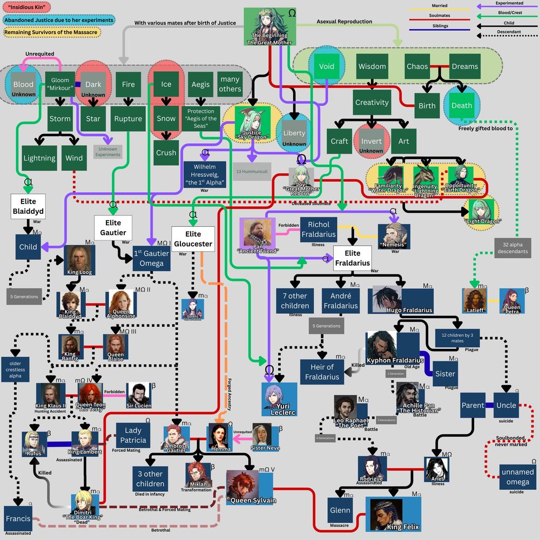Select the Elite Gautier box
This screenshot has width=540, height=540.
(113, 227)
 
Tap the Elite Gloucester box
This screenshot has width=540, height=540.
(193, 239)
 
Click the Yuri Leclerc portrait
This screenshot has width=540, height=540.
(279, 398)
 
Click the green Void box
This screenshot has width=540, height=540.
(327, 66)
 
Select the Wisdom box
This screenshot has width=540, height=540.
(372, 66)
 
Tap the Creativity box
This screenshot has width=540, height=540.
(372, 102)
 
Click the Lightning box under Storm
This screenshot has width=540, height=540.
(39, 158)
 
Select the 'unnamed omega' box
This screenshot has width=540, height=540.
(517, 477)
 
